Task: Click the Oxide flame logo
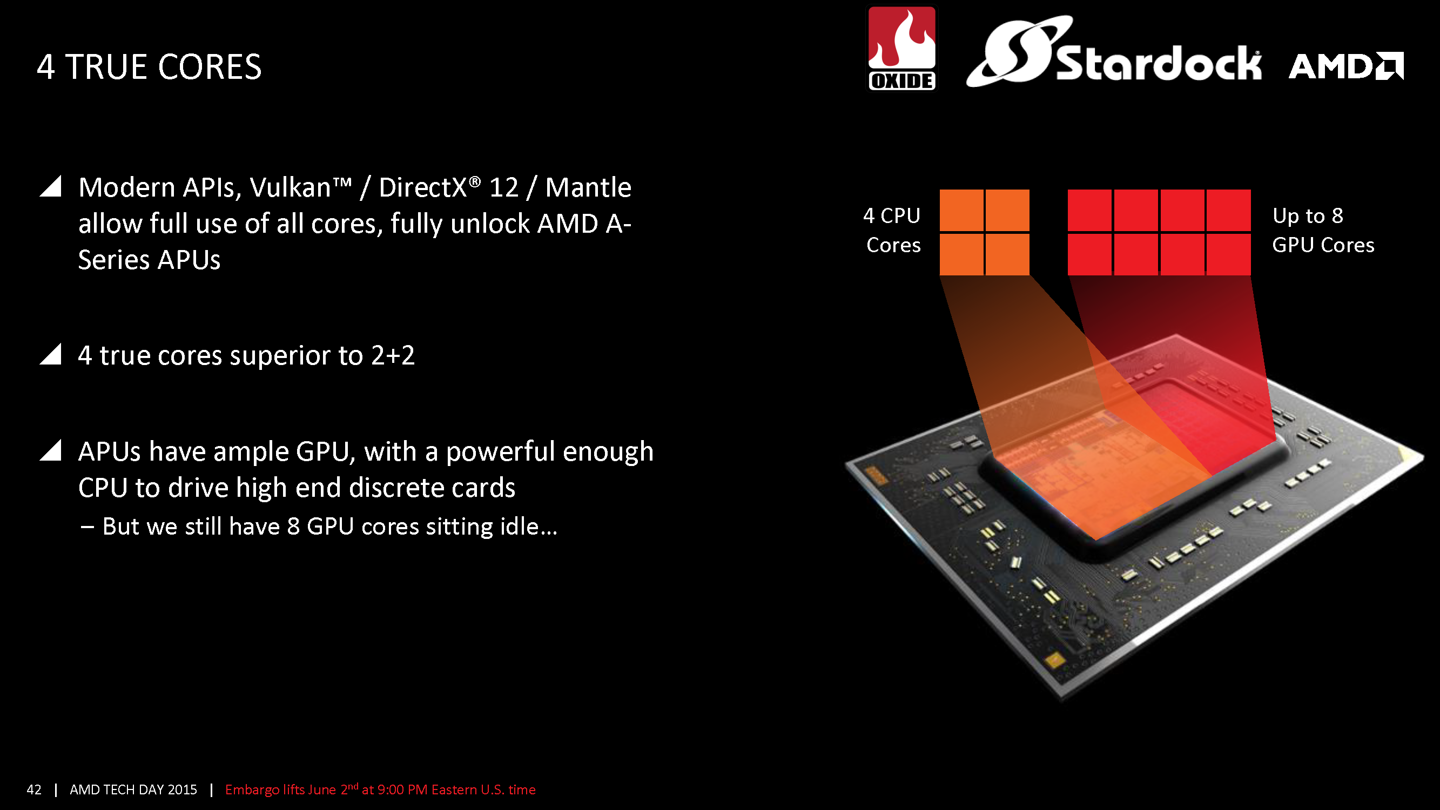pyautogui.click(x=901, y=48)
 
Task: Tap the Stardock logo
pyautogui.click(x=1114, y=51)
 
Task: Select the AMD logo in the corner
pyautogui.click(x=1346, y=66)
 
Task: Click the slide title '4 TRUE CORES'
pyautogui.click(x=149, y=66)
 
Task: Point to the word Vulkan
pyautogui.click(x=290, y=187)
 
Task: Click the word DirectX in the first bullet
pyautogui.click(x=422, y=187)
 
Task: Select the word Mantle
pyautogui.click(x=588, y=187)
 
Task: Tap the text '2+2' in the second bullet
pyautogui.click(x=393, y=355)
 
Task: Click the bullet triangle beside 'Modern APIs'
pyautogui.click(x=50, y=186)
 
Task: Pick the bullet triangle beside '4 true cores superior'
pyautogui.click(x=50, y=354)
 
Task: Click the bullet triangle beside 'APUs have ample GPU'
pyautogui.click(x=50, y=450)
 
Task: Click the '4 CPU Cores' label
pyautogui.click(x=892, y=231)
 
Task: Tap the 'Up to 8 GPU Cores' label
pyautogui.click(x=1323, y=231)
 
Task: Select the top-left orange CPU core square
pyautogui.click(x=961, y=210)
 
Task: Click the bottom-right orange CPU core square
pyautogui.click(x=1007, y=254)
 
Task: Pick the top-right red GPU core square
pyautogui.click(x=1229, y=210)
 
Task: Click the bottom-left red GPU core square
pyautogui.click(x=1089, y=254)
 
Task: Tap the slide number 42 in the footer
pyautogui.click(x=34, y=789)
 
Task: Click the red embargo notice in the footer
pyautogui.click(x=380, y=789)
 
